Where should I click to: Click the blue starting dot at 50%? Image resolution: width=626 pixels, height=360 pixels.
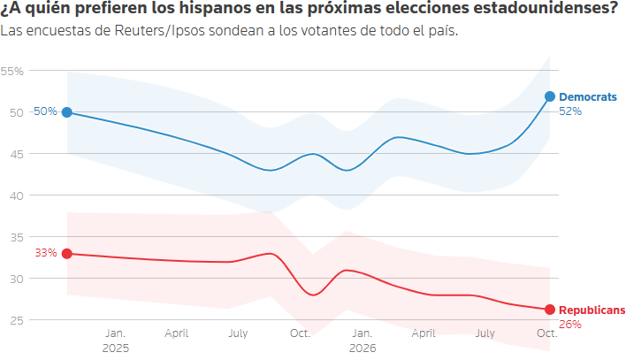click(67, 112)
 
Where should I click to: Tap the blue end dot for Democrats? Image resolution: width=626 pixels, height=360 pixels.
click(550, 96)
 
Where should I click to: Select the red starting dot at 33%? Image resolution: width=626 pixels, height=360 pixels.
click(67, 254)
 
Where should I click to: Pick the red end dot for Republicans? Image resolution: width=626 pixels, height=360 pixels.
click(550, 310)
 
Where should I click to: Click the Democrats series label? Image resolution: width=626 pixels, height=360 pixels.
click(588, 97)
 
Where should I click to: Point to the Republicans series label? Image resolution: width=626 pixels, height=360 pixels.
click(592, 310)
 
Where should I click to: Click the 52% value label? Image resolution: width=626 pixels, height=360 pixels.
click(570, 111)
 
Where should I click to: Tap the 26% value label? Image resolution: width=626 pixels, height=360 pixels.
click(570, 325)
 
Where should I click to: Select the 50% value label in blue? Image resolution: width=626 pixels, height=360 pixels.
click(45, 111)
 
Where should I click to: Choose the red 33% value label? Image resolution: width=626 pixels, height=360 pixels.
click(46, 253)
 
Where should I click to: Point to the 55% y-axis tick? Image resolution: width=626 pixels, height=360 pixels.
click(12, 72)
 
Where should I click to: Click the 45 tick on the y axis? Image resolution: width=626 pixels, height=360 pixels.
click(17, 154)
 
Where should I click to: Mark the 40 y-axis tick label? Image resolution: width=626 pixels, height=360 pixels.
click(17, 195)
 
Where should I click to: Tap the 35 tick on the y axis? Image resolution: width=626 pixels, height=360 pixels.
click(17, 238)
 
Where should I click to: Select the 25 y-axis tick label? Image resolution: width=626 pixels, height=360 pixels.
click(17, 320)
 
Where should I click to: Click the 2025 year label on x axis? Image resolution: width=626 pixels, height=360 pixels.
click(116, 348)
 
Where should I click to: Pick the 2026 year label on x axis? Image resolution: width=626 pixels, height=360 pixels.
click(363, 348)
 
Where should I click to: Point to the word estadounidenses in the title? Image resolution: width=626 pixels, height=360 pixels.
click(542, 8)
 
